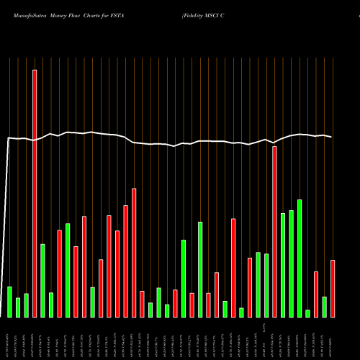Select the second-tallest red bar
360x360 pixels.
(274, 231)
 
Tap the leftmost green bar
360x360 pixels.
(9, 302)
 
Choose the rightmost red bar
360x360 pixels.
(333, 288)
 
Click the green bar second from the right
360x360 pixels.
(307, 313)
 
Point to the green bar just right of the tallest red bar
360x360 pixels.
(42, 280)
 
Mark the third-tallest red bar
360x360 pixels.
(134, 252)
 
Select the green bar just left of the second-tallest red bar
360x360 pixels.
(266, 285)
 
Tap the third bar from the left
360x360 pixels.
(26, 305)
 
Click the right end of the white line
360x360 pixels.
(331, 137)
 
